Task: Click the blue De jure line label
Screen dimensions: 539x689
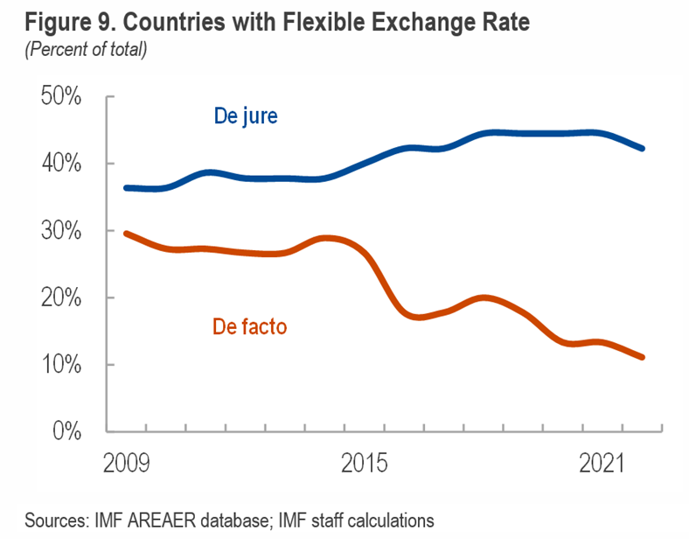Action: tap(245, 116)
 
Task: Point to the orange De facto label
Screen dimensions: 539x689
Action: tap(249, 327)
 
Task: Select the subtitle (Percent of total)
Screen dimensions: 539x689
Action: tap(86, 49)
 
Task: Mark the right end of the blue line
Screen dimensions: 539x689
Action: tap(643, 149)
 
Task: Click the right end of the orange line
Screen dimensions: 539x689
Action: tap(643, 357)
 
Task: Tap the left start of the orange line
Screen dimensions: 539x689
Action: tap(127, 234)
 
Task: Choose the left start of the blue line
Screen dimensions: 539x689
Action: tap(127, 187)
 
